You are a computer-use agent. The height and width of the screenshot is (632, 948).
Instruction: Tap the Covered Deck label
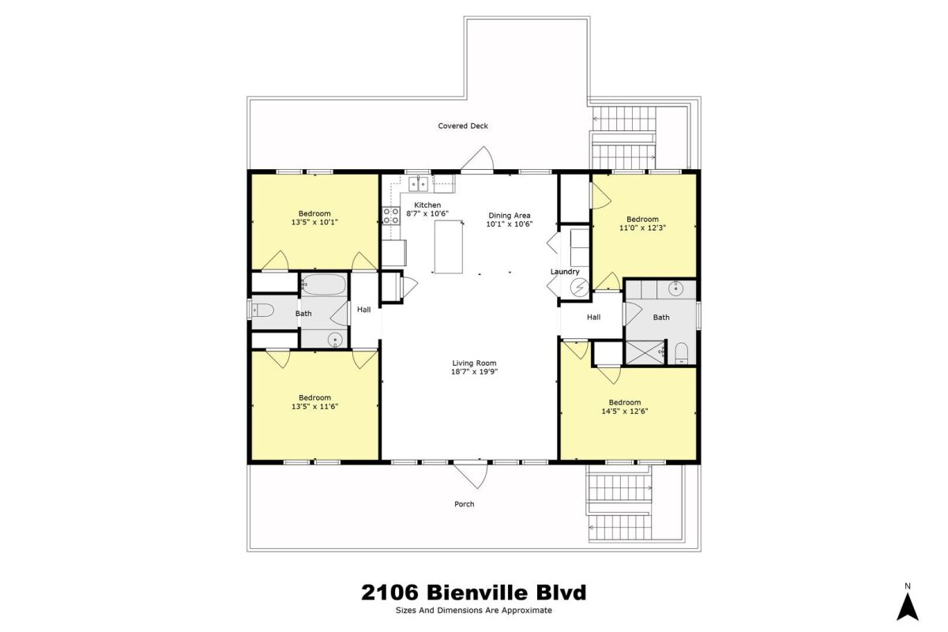(x=463, y=126)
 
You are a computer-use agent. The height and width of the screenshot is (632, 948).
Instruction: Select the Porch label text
(x=465, y=504)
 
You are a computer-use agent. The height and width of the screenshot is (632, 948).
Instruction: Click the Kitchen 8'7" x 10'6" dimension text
(x=427, y=214)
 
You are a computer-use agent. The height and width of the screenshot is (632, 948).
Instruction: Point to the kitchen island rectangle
(x=449, y=246)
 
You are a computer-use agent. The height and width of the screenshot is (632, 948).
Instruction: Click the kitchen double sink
(x=418, y=184)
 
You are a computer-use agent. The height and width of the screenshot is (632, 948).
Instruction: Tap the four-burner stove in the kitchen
(x=390, y=216)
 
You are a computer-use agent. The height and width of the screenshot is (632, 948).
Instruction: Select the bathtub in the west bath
(x=325, y=284)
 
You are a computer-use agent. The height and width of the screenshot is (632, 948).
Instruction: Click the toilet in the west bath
(x=263, y=310)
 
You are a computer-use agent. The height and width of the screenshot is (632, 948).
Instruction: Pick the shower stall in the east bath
(x=645, y=352)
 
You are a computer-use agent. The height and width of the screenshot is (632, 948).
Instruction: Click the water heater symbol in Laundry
(x=579, y=288)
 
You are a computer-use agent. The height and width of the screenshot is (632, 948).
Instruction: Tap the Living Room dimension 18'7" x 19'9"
(x=474, y=371)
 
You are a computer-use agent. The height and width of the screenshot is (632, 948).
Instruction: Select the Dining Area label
(x=509, y=216)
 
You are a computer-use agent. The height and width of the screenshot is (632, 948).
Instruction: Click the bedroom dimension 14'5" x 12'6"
(x=625, y=411)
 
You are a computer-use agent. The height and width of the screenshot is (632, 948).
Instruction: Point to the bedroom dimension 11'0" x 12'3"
(x=642, y=228)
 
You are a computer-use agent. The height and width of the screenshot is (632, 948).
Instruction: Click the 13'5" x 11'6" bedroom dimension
(x=314, y=406)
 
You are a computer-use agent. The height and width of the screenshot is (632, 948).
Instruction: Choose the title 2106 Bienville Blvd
(x=473, y=592)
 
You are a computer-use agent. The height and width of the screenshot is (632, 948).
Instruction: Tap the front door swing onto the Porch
(x=471, y=474)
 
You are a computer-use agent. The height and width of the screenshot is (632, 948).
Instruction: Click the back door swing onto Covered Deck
(x=477, y=159)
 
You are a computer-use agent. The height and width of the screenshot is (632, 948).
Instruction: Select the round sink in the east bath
(x=676, y=289)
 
